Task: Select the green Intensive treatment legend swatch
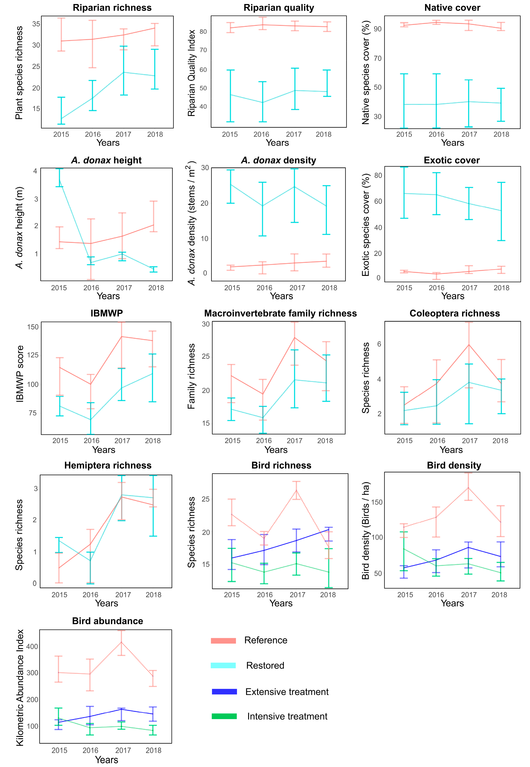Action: (x=224, y=716)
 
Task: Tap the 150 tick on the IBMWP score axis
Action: (x=33, y=327)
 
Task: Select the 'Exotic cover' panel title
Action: (x=452, y=160)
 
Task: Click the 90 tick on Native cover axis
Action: (x=378, y=29)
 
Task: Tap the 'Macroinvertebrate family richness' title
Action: (x=280, y=313)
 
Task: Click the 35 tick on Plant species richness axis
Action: (x=36, y=24)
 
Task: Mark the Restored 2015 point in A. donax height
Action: (x=59, y=180)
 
